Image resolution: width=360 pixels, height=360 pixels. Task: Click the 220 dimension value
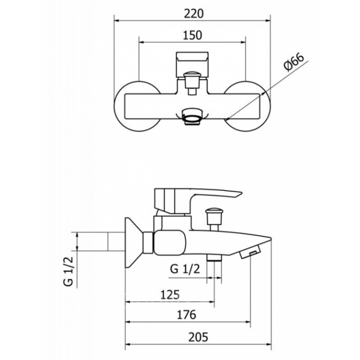point(194,14)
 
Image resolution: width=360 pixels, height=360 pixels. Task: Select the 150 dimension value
point(193,35)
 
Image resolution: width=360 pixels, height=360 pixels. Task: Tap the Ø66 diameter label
point(294,62)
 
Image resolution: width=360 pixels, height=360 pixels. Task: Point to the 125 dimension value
point(170,295)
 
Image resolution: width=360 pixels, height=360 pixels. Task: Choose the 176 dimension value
point(187,315)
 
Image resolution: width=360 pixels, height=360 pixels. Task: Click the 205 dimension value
point(199,337)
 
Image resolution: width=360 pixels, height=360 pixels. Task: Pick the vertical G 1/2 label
point(68,271)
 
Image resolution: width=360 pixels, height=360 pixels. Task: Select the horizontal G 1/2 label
point(185,269)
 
